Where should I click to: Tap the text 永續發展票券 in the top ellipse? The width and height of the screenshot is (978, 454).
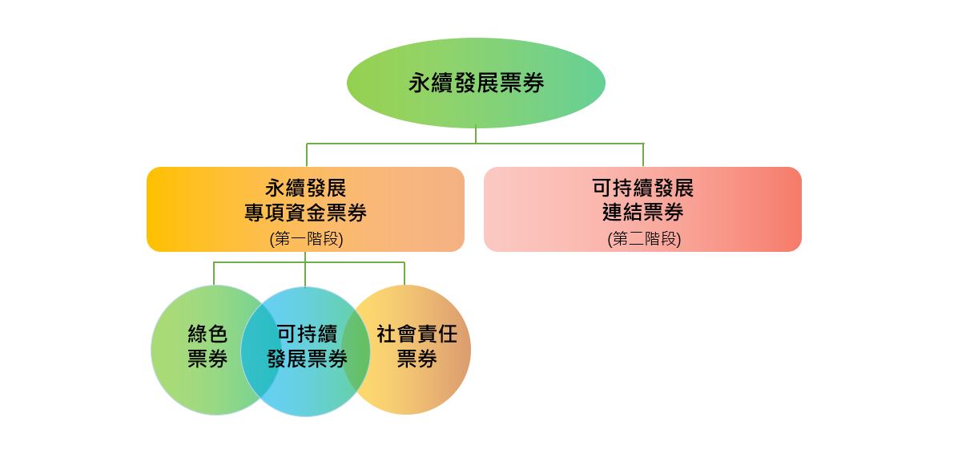click(476, 83)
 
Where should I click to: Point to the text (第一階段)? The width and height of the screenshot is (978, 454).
click(306, 239)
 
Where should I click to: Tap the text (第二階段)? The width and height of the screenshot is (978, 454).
click(643, 239)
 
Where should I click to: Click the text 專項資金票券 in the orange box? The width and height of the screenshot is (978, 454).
click(306, 213)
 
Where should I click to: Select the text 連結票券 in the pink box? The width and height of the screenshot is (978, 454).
click(643, 213)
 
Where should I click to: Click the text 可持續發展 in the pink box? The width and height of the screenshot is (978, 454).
click(643, 188)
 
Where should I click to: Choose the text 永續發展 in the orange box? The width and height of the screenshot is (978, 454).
click(306, 188)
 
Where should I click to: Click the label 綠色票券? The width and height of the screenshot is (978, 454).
click(207, 347)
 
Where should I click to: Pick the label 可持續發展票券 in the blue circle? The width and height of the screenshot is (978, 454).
click(307, 347)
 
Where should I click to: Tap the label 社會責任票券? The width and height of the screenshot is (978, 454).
click(417, 347)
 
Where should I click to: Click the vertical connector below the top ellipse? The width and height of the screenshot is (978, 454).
click(476, 136)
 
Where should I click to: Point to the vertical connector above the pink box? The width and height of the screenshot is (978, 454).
click(643, 155)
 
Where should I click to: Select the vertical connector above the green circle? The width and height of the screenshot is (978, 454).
click(214, 274)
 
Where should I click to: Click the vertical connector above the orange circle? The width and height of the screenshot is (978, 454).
click(404, 274)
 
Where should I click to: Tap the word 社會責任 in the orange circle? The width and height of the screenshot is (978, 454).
click(417, 334)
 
